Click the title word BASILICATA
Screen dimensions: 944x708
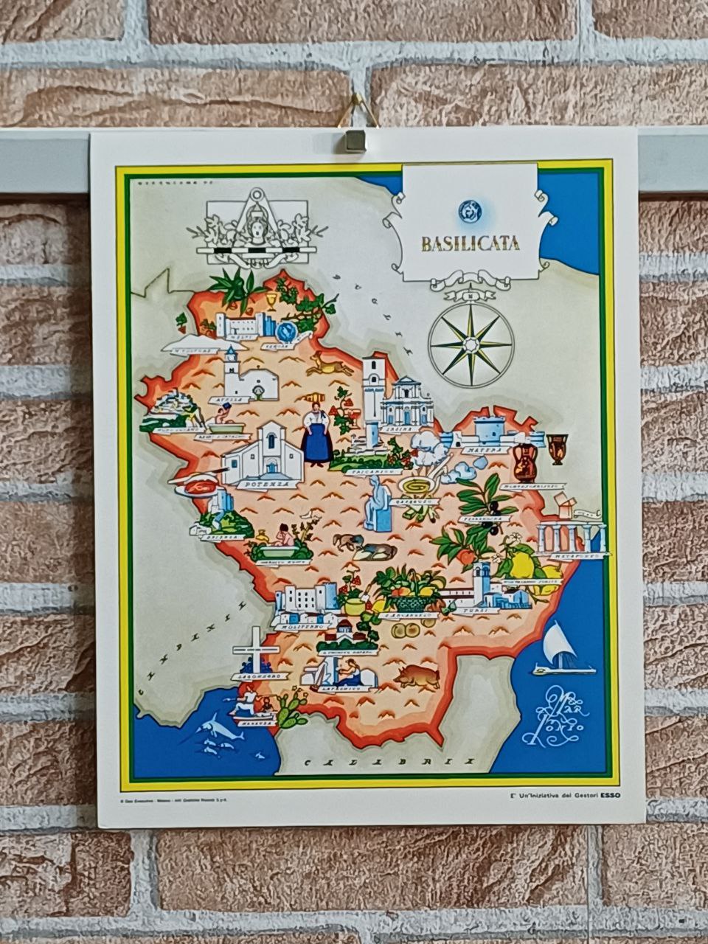click(470, 243)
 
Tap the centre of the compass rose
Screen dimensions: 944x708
click(471, 343)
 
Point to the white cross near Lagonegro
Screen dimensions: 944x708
click(255, 649)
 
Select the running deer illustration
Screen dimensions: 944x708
click(329, 364)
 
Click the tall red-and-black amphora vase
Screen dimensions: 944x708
click(525, 461)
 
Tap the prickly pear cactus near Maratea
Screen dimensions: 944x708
click(291, 709)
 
